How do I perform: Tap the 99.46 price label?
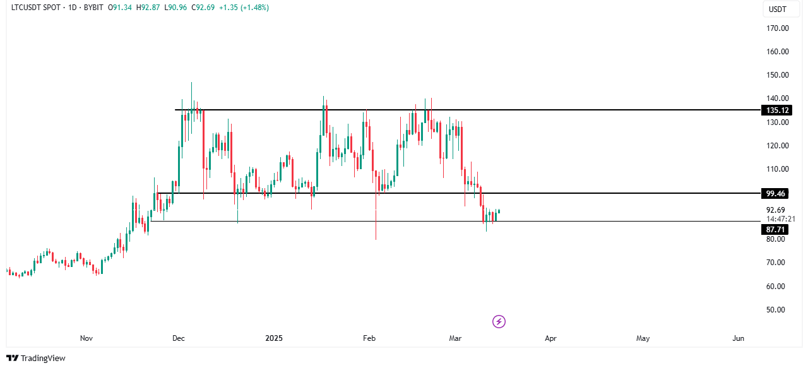[x=775, y=193]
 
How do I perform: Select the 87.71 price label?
[x=775, y=230]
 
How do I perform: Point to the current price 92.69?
[x=775, y=210]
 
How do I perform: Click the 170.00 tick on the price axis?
[x=778, y=28]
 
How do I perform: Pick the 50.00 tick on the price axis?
[x=775, y=310]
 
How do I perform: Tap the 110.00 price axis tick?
[x=778, y=169]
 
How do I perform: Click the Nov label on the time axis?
[x=86, y=338]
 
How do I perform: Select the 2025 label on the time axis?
[x=273, y=338]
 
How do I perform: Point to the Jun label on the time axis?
[x=738, y=338]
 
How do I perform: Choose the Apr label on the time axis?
[x=550, y=338]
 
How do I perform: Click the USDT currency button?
[x=776, y=9]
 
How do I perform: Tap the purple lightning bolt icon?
[x=499, y=322]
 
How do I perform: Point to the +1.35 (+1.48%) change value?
[x=244, y=8]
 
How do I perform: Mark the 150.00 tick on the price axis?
[x=778, y=75]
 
